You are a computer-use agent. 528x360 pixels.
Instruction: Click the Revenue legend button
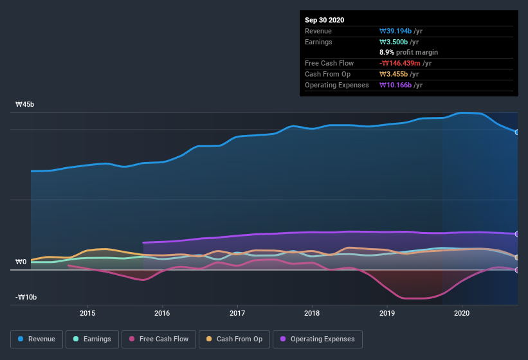click(x=37, y=339)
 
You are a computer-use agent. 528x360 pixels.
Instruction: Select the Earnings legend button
click(x=92, y=339)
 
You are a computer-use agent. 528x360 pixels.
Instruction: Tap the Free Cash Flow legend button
click(x=158, y=339)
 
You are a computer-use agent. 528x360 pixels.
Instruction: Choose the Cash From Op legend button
click(x=234, y=339)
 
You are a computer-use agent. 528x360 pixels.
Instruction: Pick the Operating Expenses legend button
click(x=318, y=339)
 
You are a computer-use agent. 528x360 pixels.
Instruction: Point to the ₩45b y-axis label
click(x=25, y=104)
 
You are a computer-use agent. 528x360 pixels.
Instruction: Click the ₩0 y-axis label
click(x=21, y=262)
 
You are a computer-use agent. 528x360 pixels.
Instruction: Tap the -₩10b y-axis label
click(x=26, y=297)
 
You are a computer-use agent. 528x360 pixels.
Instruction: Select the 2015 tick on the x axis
click(x=87, y=313)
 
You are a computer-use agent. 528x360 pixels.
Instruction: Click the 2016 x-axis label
click(x=162, y=313)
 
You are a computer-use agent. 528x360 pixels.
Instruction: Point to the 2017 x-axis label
click(x=237, y=313)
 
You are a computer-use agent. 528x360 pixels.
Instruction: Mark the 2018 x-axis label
click(x=312, y=313)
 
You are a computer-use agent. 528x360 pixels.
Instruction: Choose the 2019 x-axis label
click(x=387, y=313)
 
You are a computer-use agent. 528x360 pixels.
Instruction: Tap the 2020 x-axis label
click(x=462, y=313)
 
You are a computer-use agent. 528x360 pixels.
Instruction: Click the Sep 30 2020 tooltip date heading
click(x=325, y=20)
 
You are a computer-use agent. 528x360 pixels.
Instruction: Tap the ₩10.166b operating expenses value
click(x=401, y=85)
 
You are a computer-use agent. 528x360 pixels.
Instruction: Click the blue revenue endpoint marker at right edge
click(x=517, y=132)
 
